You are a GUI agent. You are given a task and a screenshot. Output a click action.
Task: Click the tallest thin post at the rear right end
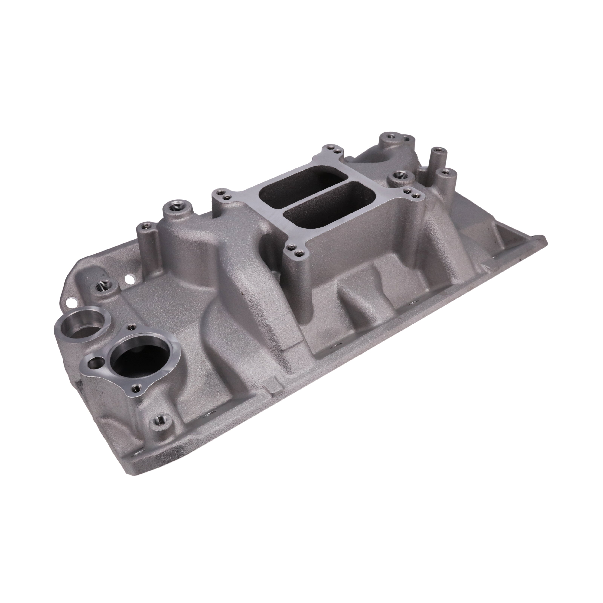[438, 153]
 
